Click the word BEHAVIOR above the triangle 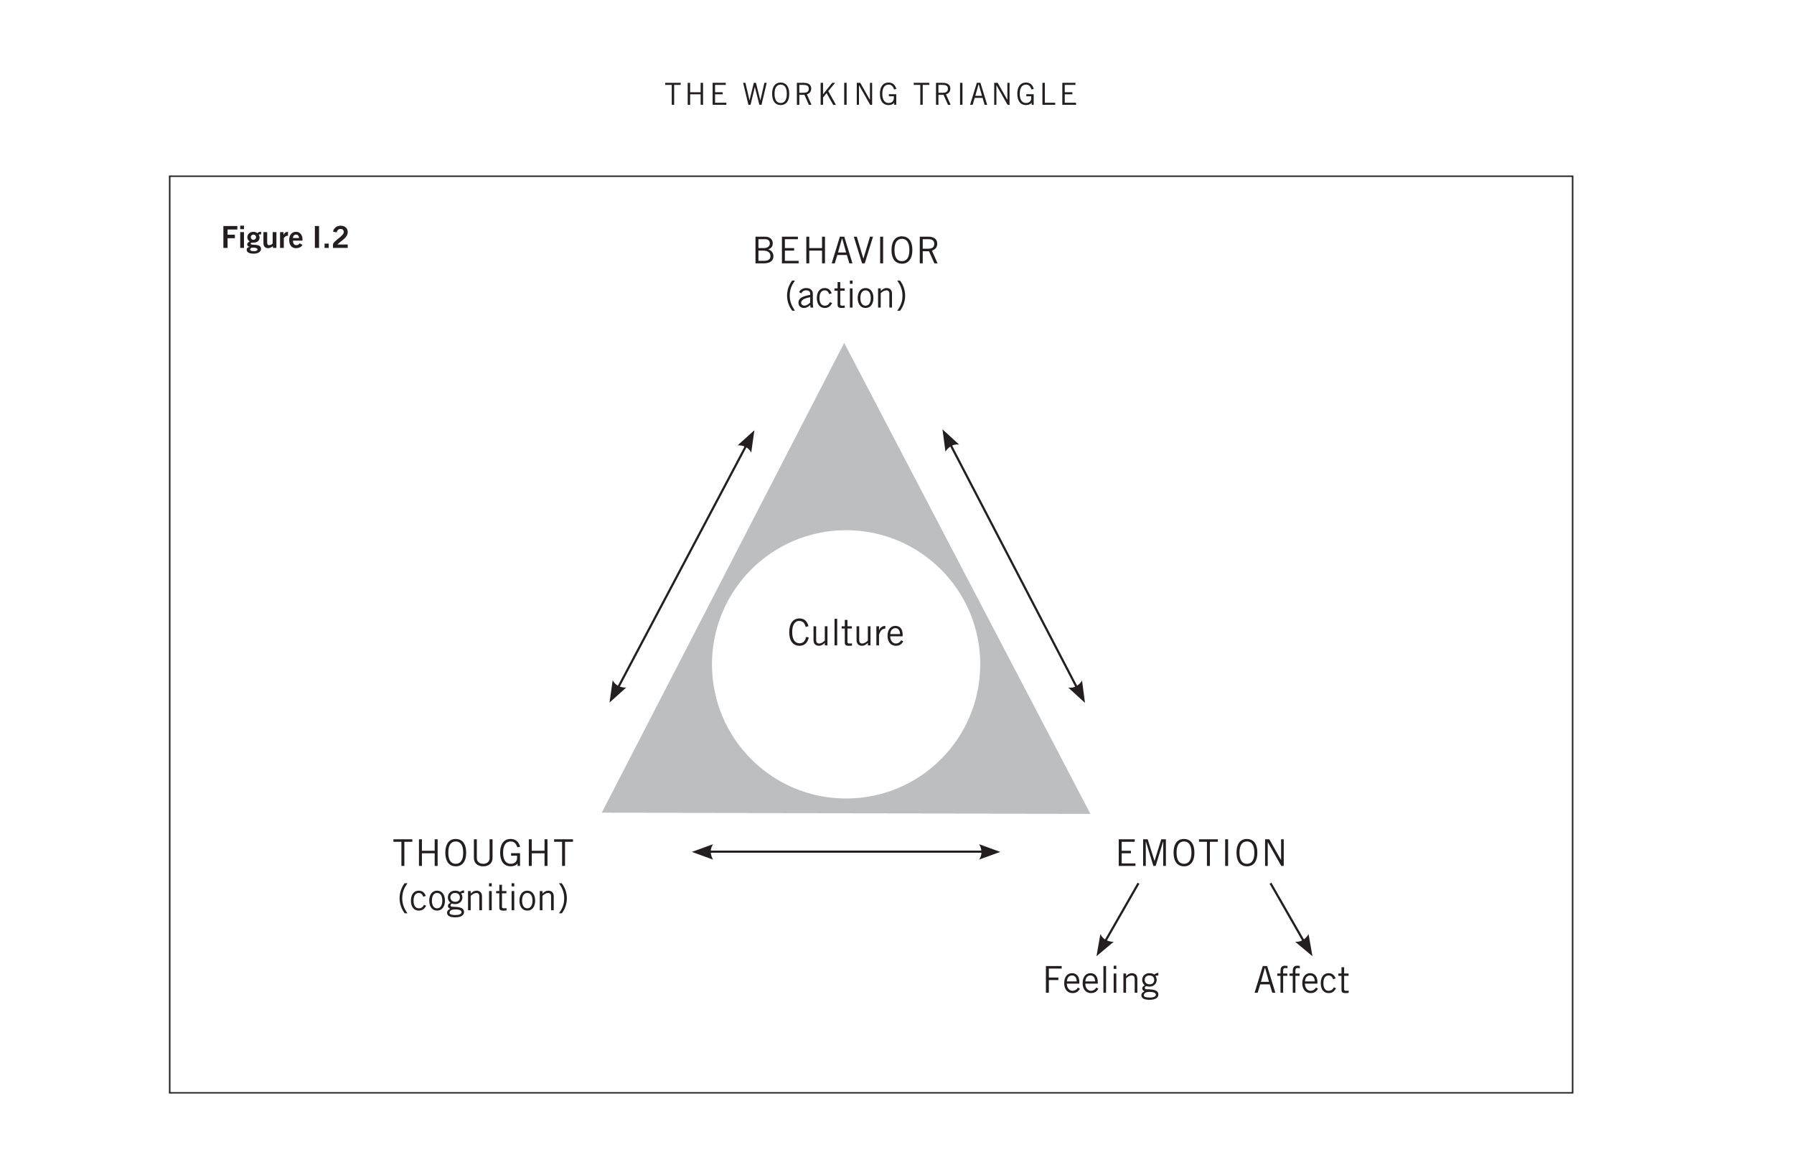(x=846, y=251)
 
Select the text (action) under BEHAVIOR (x=846, y=296)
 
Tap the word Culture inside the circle (x=845, y=632)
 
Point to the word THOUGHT (x=483, y=853)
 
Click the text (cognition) (x=483, y=898)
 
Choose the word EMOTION (x=1201, y=853)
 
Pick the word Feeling (x=1101, y=980)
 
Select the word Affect (x=1301, y=980)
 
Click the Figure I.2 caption (x=285, y=238)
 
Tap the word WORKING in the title (x=821, y=95)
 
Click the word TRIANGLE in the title (x=995, y=95)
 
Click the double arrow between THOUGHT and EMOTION (x=845, y=852)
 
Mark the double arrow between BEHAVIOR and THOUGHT (x=682, y=566)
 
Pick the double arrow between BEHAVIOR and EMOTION (x=1013, y=566)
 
